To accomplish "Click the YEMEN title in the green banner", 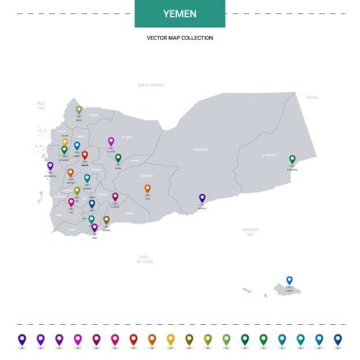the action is tap(180, 14).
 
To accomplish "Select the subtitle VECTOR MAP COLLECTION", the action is tap(180, 38).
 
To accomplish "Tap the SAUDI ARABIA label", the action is tap(152, 85).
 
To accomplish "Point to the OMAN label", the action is tap(311, 96).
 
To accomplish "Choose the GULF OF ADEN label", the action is tap(145, 258).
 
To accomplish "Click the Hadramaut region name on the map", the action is tap(201, 150).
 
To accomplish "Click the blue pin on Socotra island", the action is tap(290, 279).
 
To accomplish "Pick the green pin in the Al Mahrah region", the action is tap(292, 159).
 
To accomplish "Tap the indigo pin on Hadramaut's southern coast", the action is tap(202, 198).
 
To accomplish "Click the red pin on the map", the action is tap(84, 154).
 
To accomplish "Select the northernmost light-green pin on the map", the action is tap(79, 110).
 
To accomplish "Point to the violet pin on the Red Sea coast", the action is tap(49, 166).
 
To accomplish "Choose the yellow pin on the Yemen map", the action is tap(64, 142).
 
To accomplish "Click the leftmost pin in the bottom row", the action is tap(22, 337).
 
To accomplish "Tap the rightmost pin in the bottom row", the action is tap(337, 337).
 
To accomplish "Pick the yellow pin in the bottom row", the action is tap(171, 337).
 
